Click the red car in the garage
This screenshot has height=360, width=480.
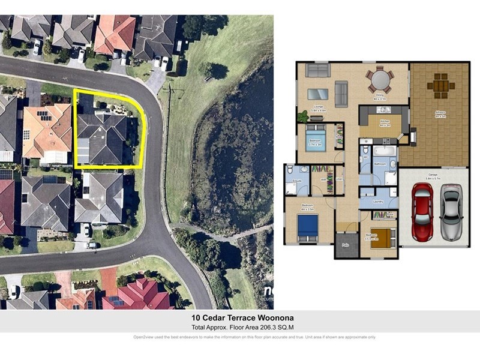click(x=422, y=212)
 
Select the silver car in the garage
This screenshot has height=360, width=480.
click(x=451, y=212)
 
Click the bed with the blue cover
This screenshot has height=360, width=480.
click(x=308, y=227)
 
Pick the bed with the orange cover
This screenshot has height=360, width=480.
click(x=380, y=237)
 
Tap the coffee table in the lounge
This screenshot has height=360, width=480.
click(x=318, y=94)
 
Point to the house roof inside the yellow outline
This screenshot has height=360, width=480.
click(x=101, y=139)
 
